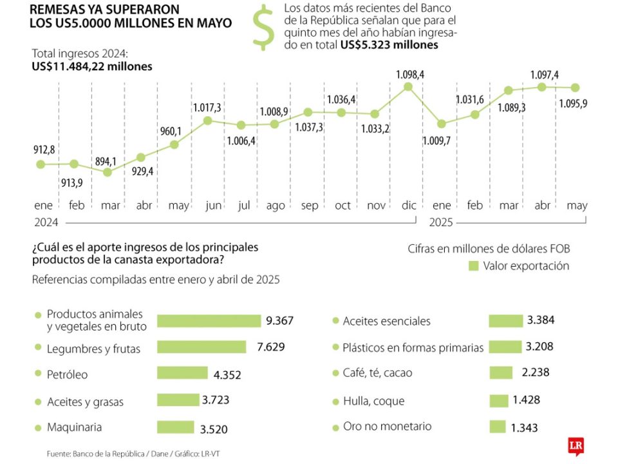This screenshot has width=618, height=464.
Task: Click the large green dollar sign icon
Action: pos(262,27)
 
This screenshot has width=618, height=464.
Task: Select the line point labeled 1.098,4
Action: pos(408,86)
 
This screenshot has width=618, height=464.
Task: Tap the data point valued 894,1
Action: pos(108,172)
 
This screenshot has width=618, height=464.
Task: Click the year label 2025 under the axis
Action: pos(442,222)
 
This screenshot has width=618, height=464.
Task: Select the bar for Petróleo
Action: pos(183,373)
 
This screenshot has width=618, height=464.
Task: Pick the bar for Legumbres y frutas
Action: pos(201,347)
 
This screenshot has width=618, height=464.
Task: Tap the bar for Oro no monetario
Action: pos(498,427)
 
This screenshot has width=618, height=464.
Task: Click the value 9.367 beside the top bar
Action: pos(280,320)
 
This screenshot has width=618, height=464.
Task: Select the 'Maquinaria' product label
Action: pos(74,427)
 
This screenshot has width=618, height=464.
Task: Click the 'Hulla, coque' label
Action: pos(373,401)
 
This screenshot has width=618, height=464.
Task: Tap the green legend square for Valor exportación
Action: pos(474,266)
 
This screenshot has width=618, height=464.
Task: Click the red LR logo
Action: pos(576,446)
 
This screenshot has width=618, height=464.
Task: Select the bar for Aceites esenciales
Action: pos(505,320)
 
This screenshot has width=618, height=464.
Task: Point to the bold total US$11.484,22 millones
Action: pos(92,66)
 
